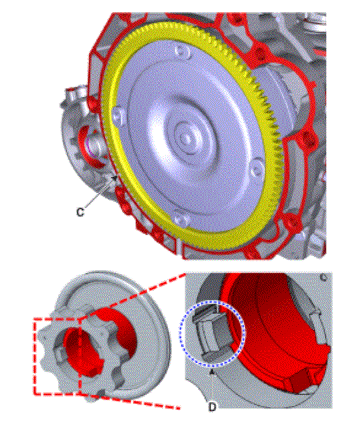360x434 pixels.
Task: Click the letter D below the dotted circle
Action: [212, 402]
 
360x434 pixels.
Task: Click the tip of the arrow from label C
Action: [118, 176]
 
